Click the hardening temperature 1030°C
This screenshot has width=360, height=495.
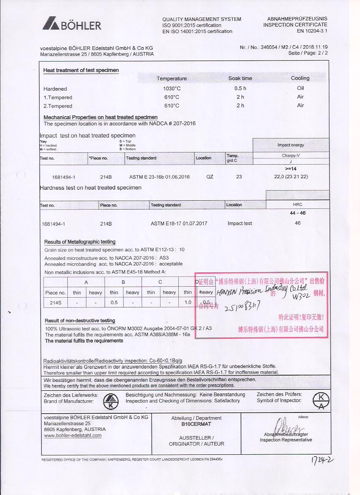click(172, 89)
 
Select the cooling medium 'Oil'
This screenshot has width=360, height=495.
click(300, 88)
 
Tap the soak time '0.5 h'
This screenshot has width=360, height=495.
click(240, 89)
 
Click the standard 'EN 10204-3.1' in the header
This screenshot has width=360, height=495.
click(312, 31)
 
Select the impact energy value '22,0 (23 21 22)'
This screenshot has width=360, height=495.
click(291, 177)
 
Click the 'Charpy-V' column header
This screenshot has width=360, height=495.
click(291, 155)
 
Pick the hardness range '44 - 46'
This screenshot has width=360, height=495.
click(297, 213)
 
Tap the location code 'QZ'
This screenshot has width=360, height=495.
click(210, 177)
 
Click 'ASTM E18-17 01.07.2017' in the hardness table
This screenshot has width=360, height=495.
click(179, 224)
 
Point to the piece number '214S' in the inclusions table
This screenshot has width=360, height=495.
click(55, 303)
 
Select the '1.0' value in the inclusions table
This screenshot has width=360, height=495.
click(188, 303)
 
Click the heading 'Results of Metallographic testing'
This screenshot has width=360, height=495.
click(80, 242)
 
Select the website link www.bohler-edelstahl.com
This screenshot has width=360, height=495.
click(72, 435)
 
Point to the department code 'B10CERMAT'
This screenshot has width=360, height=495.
click(196, 424)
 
